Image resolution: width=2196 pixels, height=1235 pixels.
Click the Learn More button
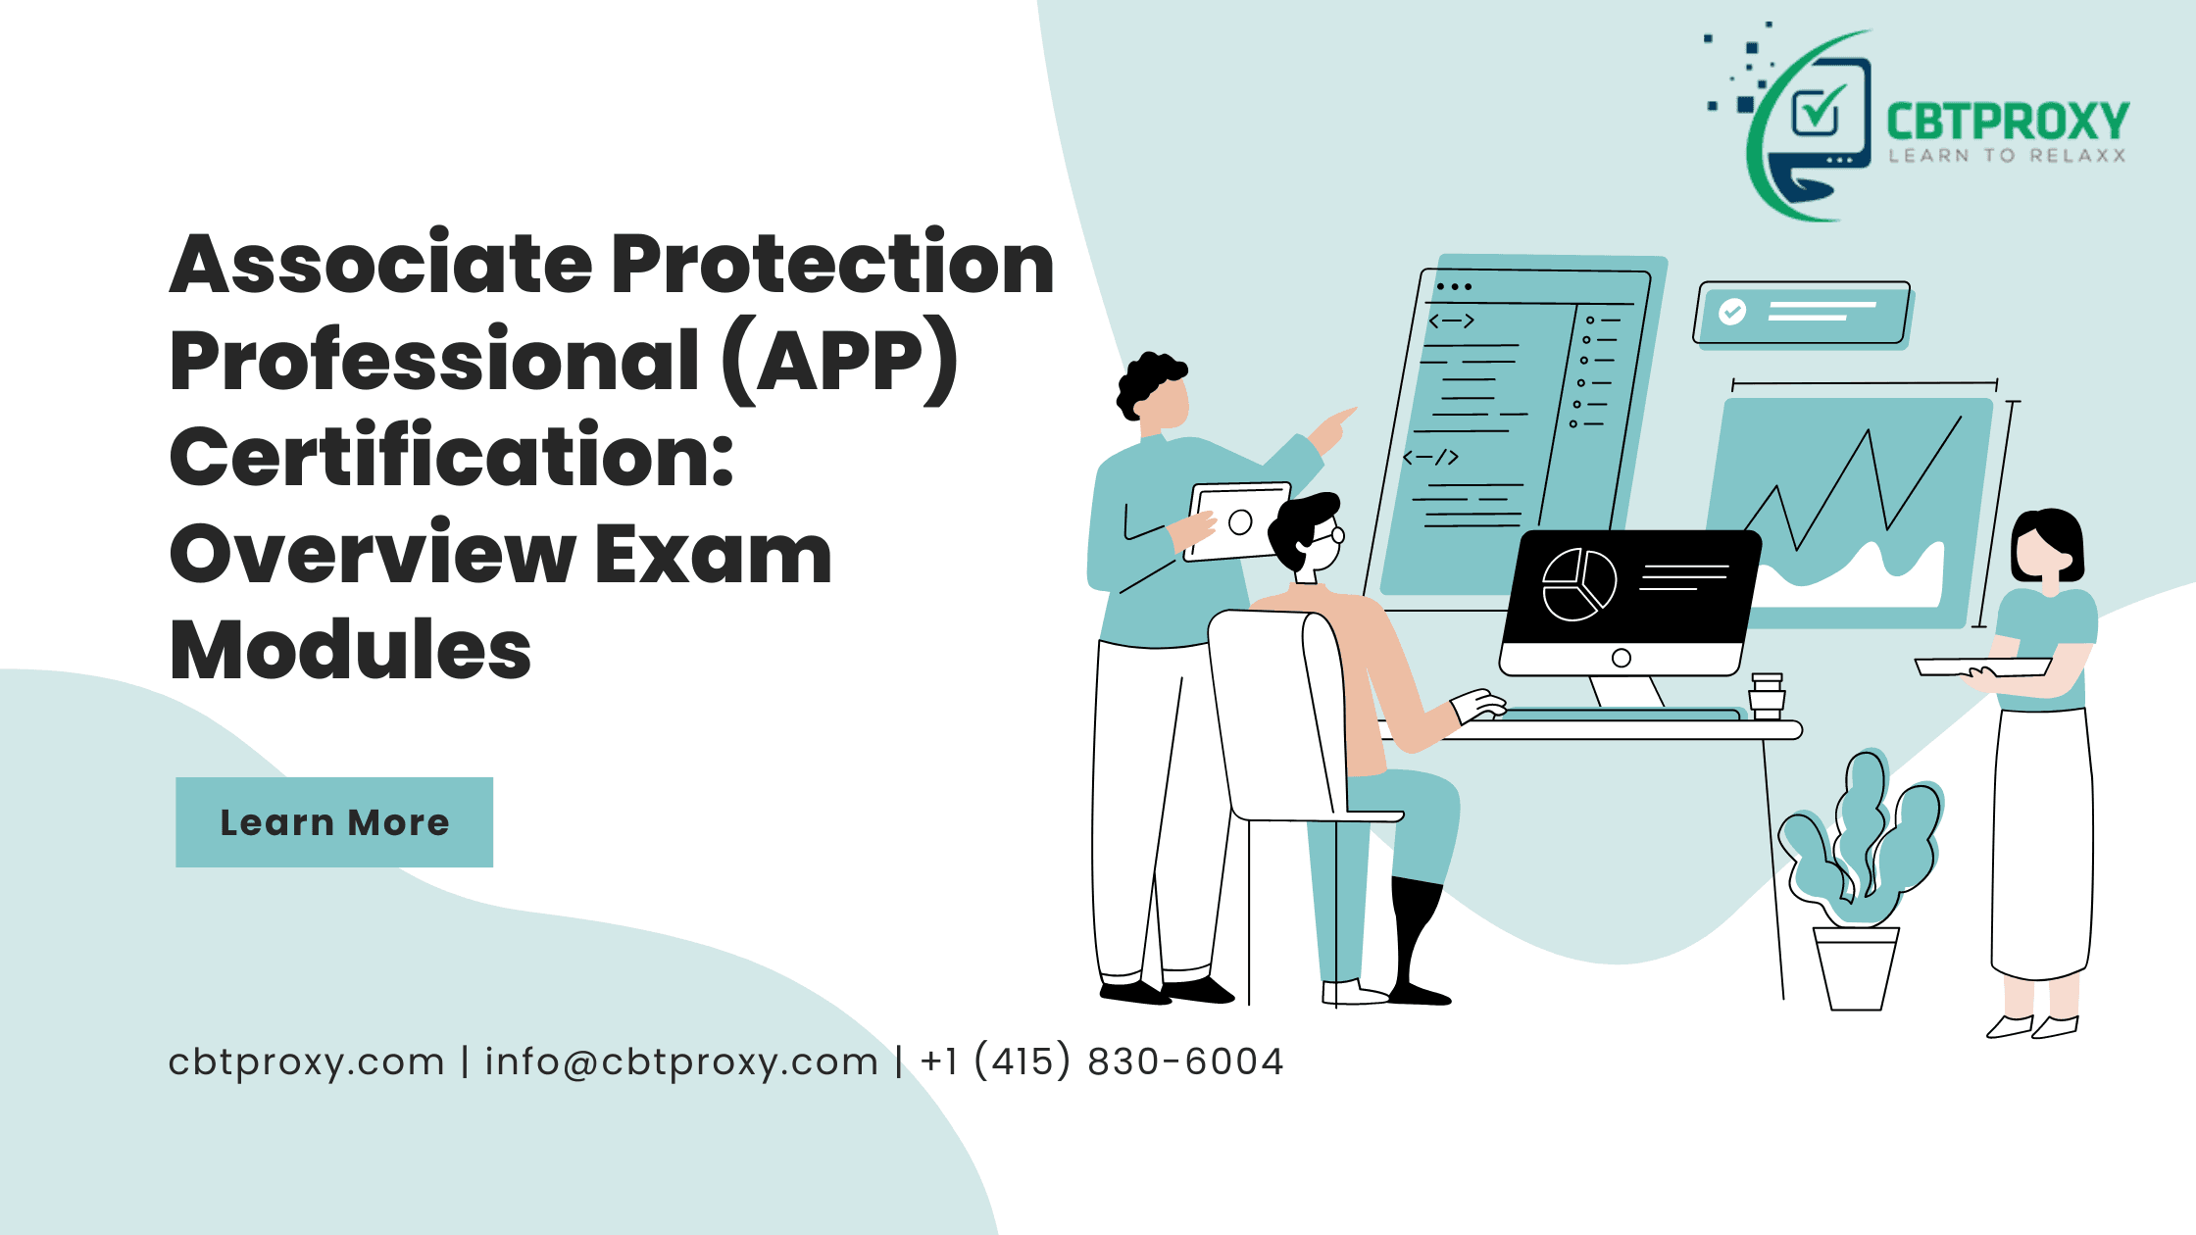click(334, 822)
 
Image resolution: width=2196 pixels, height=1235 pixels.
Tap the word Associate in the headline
click(380, 265)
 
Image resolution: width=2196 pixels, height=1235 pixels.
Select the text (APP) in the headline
click(840, 361)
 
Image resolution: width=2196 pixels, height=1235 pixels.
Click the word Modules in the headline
click(350, 650)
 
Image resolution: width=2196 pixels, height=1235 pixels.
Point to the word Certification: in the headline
click(451, 457)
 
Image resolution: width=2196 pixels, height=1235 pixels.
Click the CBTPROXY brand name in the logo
click(2007, 122)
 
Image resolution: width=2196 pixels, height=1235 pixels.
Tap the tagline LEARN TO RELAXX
click(2007, 156)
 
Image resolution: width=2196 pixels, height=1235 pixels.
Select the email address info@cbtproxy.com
click(681, 1062)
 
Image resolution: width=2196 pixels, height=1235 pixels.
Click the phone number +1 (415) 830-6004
click(1102, 1062)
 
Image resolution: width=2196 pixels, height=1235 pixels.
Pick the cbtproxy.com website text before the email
click(306, 1062)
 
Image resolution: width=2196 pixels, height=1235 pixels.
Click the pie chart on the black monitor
click(1578, 584)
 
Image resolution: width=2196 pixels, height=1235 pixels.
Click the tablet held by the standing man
click(1238, 521)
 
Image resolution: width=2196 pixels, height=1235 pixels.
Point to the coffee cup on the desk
click(1767, 696)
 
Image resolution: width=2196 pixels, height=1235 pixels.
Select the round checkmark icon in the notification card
click(1732, 312)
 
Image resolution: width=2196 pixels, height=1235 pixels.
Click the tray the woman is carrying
click(1982, 667)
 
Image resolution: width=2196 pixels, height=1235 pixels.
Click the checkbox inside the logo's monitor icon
click(1817, 110)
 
